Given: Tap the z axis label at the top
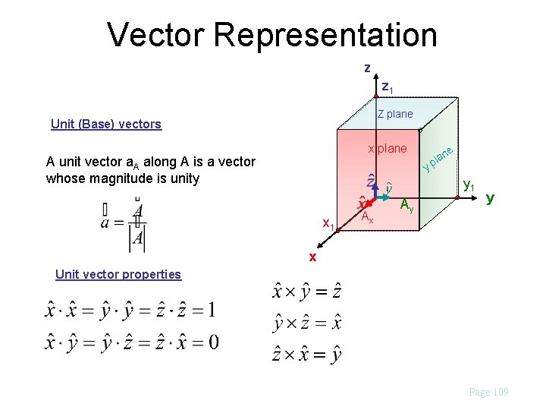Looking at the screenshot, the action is coord(367,68).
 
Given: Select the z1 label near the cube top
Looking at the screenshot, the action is coord(387,87).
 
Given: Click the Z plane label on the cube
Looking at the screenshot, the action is coord(395,114).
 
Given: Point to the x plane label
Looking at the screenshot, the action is coord(387,148).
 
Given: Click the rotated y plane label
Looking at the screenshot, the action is coord(438,157).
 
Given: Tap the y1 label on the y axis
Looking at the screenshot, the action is coord(469,185).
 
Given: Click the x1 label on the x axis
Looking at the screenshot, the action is coord(328,224).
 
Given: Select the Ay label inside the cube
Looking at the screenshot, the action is coord(407,203).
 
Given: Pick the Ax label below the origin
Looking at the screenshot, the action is coord(366,217).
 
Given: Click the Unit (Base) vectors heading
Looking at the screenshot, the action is coord(105,124).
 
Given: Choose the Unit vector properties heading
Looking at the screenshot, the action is coord(118,274).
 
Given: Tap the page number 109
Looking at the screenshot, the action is coord(489,392).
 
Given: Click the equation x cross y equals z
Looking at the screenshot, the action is coord(306,291).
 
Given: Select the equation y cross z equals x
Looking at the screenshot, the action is coord(306,323).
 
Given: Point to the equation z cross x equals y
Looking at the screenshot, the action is coord(306,354).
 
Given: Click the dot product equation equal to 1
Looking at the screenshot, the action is coord(130,310).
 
